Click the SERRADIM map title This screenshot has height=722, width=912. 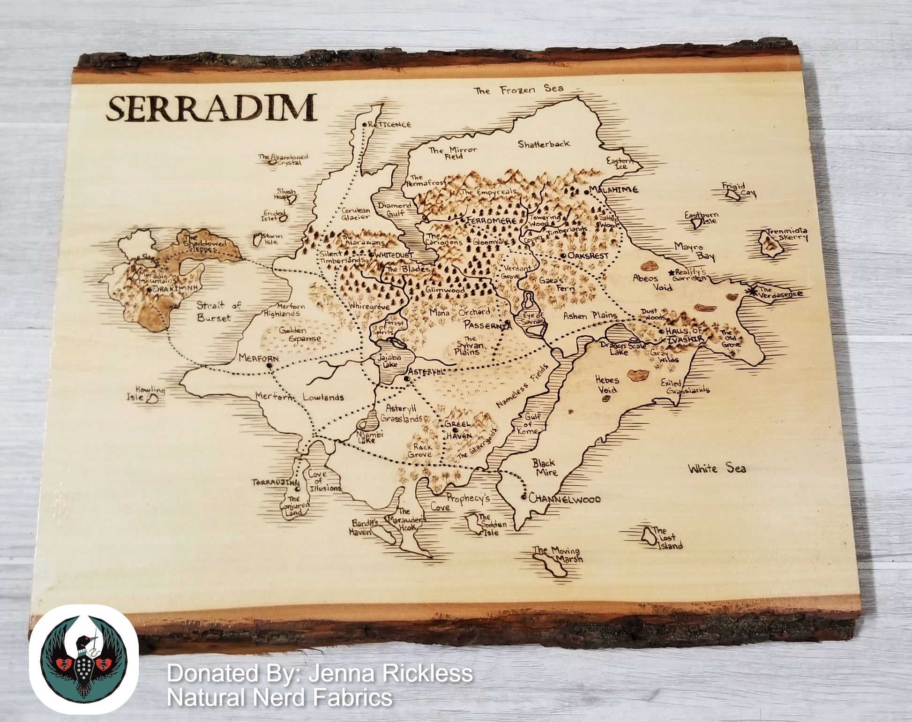click(x=211, y=109)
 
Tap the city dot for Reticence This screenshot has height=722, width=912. click(x=365, y=124)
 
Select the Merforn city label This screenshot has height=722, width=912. click(x=258, y=358)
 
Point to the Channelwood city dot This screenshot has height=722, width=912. click(x=523, y=497)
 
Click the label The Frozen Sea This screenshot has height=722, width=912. click(x=518, y=90)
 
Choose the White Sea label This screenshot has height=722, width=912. click(x=717, y=468)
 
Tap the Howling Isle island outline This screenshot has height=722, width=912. click(x=152, y=399)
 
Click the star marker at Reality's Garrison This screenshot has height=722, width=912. click(x=671, y=272)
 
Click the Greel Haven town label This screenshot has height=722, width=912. click(x=458, y=429)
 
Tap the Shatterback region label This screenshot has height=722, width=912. click(x=544, y=144)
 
